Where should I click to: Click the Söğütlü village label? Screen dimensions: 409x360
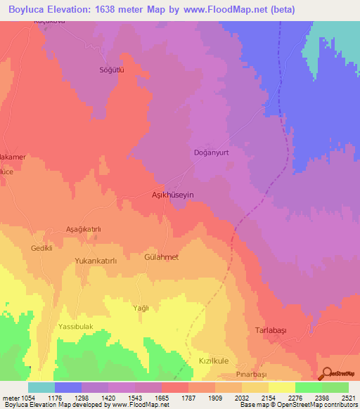pos(110,70)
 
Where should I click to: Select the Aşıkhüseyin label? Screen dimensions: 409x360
pos(173,194)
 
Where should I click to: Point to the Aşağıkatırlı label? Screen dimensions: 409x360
pos(84,230)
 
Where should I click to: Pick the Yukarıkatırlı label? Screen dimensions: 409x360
pos(100,260)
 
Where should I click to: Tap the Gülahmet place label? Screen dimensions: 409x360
pos(161,257)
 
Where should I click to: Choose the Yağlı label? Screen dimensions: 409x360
pos(143,308)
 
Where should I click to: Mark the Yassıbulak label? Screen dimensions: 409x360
pos(79,327)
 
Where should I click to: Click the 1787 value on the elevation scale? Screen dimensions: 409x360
pos(188,396)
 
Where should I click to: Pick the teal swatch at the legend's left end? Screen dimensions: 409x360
pos(41,387)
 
